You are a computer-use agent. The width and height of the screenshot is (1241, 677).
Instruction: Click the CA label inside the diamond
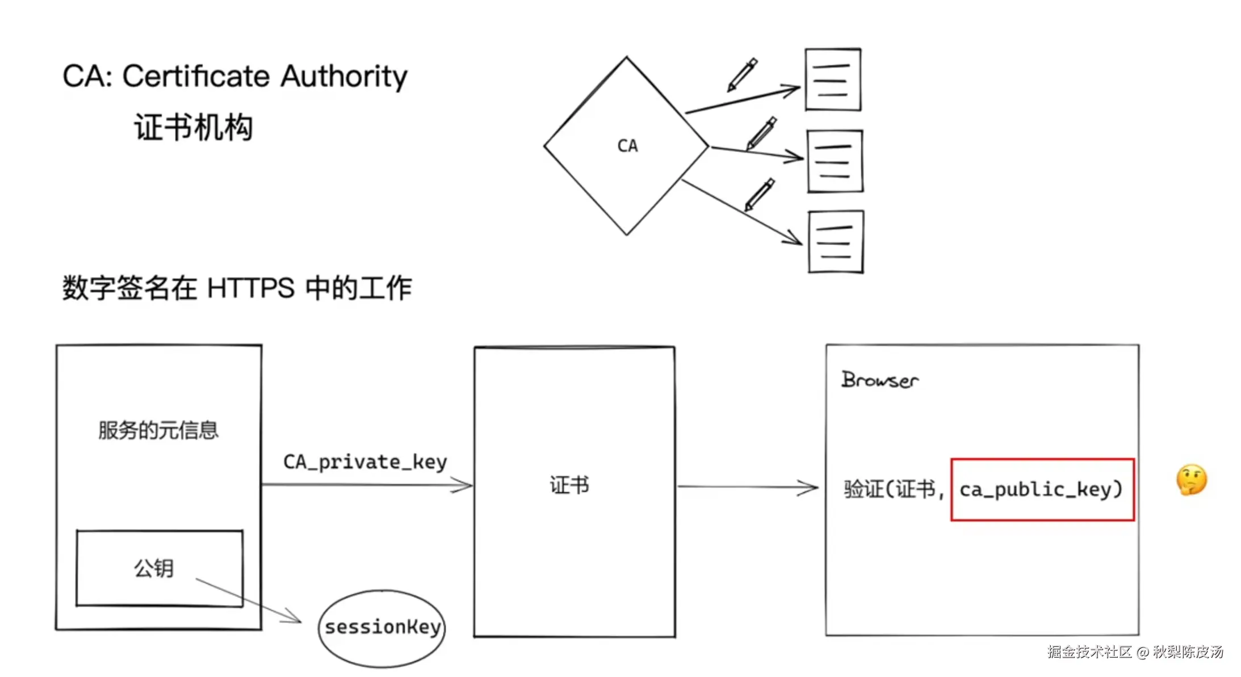[x=627, y=146]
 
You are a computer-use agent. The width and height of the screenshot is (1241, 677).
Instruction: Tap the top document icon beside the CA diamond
[x=833, y=80]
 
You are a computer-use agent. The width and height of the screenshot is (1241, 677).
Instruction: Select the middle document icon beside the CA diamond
[x=835, y=162]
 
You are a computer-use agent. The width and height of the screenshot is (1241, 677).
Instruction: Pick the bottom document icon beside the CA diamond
[x=836, y=242]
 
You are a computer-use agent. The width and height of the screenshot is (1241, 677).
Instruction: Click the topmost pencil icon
[x=743, y=74]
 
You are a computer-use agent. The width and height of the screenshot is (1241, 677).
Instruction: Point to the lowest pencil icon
[x=760, y=194]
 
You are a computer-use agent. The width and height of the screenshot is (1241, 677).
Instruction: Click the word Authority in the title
[x=344, y=76]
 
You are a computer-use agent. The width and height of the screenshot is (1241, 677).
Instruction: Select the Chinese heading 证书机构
[x=193, y=127]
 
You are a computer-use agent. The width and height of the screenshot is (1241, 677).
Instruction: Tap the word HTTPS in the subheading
[x=251, y=288]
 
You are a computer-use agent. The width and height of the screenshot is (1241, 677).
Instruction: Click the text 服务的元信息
[x=158, y=430]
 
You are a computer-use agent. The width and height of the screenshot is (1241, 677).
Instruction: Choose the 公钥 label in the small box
[x=154, y=568]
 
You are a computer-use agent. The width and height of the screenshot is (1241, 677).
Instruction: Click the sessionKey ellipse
[x=382, y=628]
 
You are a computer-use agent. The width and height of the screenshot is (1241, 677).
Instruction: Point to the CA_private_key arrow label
[x=365, y=462]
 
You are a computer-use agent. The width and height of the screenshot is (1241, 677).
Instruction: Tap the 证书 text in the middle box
[x=569, y=485]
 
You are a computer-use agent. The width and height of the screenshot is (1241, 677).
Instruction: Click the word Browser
[x=879, y=380]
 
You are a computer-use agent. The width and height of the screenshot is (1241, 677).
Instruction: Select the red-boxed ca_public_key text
[x=1041, y=489]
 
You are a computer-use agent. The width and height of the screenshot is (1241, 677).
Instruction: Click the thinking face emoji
[x=1191, y=480]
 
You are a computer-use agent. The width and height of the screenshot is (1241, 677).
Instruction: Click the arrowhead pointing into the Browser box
[x=809, y=487]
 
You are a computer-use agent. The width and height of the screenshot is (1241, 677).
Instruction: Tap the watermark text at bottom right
[x=1135, y=651]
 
